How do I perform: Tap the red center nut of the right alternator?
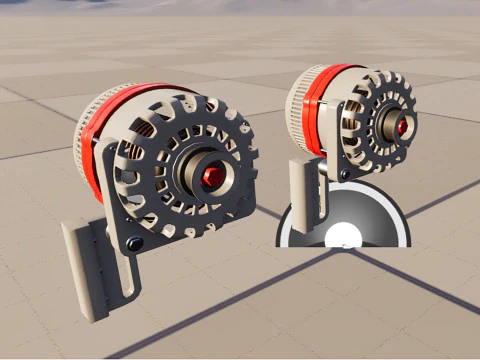402,126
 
